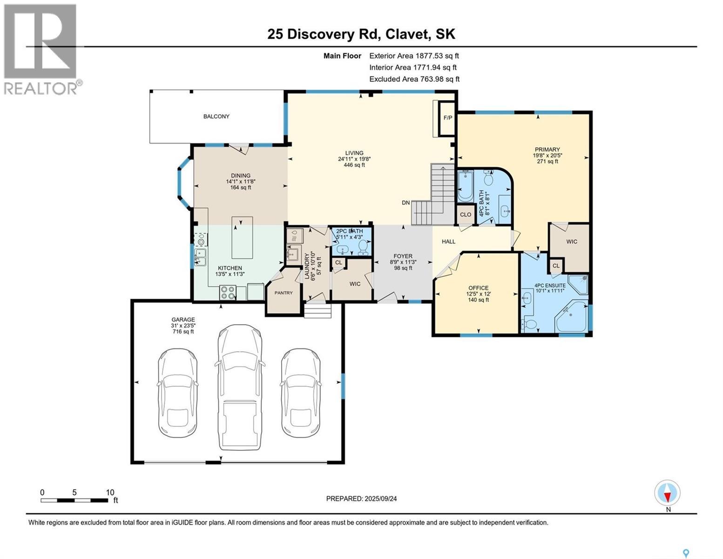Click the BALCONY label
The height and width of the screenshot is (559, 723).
pos(216,116)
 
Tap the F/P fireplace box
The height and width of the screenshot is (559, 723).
pos(447,118)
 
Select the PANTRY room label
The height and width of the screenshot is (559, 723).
pos(284,293)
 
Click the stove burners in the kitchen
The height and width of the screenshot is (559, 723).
pos(228,293)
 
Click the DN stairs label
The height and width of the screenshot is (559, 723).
pos(405,203)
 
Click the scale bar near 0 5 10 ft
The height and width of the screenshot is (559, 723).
pos(74,500)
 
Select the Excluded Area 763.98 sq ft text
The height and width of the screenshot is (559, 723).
pos(414,79)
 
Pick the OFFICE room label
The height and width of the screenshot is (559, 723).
pos(479,288)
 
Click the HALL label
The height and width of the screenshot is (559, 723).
pos(448,241)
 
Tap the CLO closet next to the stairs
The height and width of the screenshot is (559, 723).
pos(466,214)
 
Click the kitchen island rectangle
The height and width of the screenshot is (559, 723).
pos(242,237)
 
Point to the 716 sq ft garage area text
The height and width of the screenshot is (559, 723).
pos(183,332)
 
